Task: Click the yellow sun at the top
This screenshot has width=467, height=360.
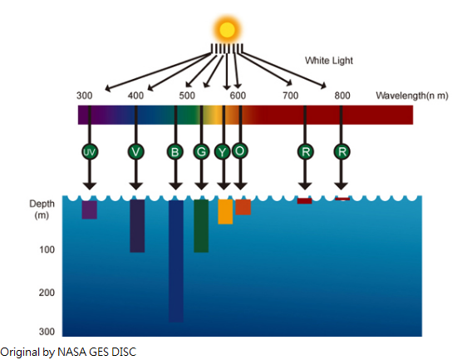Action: pyautogui.click(x=227, y=30)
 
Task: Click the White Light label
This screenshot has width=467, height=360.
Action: pyautogui.click(x=329, y=61)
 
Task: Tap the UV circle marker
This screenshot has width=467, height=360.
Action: pyautogui.click(x=90, y=151)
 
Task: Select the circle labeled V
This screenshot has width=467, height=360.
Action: pyautogui.click(x=135, y=151)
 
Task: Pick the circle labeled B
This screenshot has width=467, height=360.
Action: pyautogui.click(x=175, y=151)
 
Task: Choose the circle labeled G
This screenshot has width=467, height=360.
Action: pyautogui.click(x=201, y=151)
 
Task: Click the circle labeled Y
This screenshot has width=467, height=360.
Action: pyautogui.click(x=222, y=152)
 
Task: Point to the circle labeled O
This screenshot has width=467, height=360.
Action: pyautogui.click(x=240, y=150)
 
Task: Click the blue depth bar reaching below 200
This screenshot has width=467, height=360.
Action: pyautogui.click(x=176, y=261)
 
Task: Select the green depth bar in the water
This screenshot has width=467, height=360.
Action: pyautogui.click(x=201, y=226)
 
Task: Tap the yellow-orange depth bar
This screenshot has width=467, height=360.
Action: pyautogui.click(x=225, y=211)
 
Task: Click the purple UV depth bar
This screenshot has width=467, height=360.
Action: pyautogui.click(x=90, y=210)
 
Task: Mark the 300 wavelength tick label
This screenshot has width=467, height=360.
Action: pyautogui.click(x=84, y=96)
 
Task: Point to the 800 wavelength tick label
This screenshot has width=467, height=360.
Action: pyautogui.click(x=342, y=96)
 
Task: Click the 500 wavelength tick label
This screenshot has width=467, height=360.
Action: pyautogui.click(x=187, y=96)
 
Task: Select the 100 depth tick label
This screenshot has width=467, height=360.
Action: pyautogui.click(x=47, y=249)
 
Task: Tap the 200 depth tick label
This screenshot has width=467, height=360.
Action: pyautogui.click(x=47, y=293)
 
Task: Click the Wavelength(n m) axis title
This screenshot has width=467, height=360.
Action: pyautogui.click(x=412, y=96)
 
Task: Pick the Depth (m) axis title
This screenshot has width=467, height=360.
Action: pyautogui.click(x=42, y=210)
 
